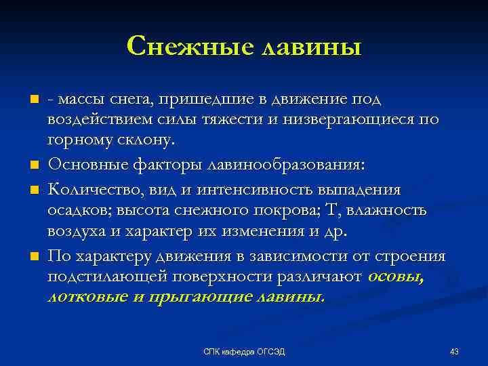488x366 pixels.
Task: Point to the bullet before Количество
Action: (x=32, y=189)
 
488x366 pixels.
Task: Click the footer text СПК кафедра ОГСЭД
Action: (x=244, y=351)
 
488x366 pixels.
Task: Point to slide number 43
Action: (x=454, y=351)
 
